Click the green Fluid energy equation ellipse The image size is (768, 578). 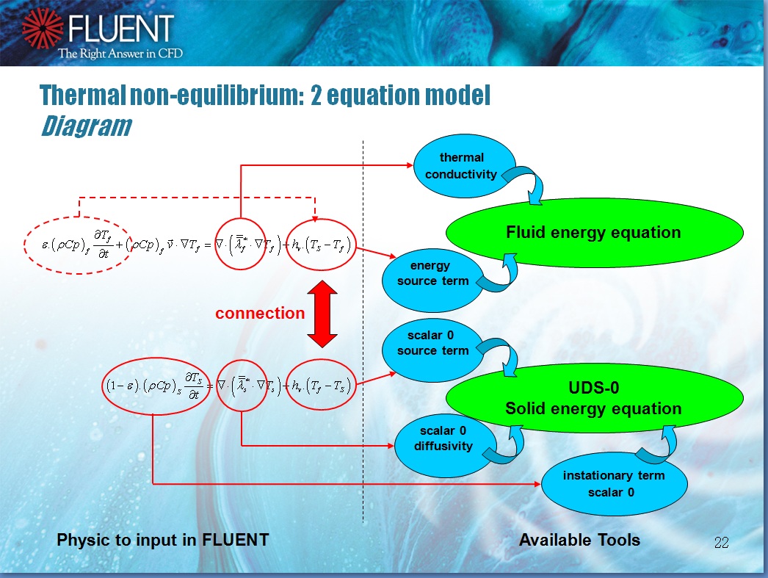coord(593,233)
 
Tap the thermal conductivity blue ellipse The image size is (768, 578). coord(462,166)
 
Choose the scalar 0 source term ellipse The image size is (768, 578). coord(432,344)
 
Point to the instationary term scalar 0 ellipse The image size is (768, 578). coord(614,483)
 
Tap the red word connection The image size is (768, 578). coord(260,314)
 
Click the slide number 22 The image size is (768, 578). coord(721,543)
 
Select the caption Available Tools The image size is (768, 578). coord(579,541)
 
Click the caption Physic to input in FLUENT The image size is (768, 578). coord(163,541)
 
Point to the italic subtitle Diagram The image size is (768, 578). coord(85,127)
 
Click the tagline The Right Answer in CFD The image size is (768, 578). coord(120,53)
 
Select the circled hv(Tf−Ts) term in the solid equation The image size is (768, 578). coord(320,385)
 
